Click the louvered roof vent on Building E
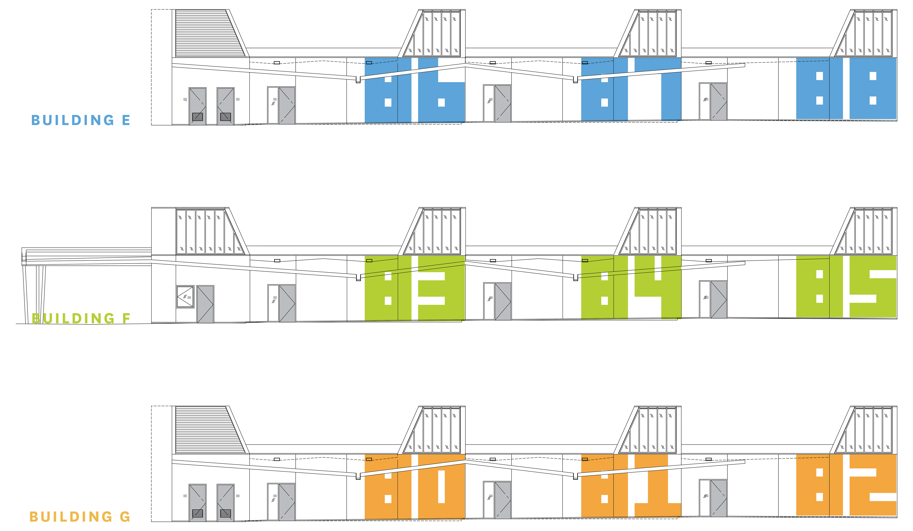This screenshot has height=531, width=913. [210, 33]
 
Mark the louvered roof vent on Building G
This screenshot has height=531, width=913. [210, 430]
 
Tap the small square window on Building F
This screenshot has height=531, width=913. [185, 297]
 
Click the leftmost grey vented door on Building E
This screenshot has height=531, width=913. [198, 106]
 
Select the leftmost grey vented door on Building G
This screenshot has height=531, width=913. [198, 503]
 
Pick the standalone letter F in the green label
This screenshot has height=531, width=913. [126, 319]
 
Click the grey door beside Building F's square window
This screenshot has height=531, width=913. [205, 304]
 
